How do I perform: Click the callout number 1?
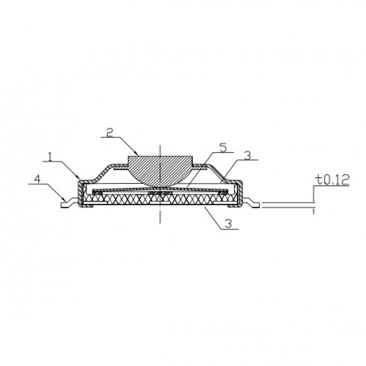(x=49, y=157)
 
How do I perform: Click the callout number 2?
(x=109, y=133)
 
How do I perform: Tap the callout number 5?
(x=223, y=147)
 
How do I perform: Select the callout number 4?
(x=38, y=179)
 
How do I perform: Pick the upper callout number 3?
(x=247, y=155)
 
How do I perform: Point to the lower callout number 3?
(x=228, y=223)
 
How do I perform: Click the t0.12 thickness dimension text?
(x=334, y=180)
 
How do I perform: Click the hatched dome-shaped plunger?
(x=160, y=168)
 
